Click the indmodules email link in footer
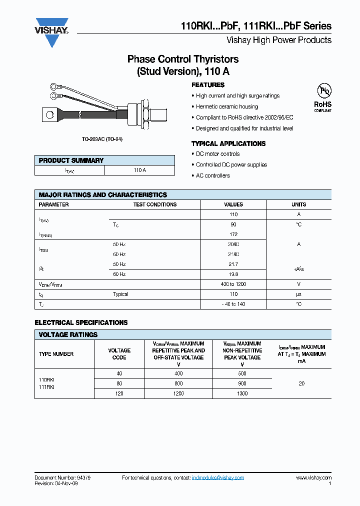[218, 478]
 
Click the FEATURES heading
[208, 85]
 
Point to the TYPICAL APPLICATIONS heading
[228, 143]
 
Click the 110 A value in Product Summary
[139, 170]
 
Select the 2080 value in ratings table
[233, 244]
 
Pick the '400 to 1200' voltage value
[233, 284]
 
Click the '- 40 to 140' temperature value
[233, 304]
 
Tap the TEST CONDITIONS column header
[154, 204]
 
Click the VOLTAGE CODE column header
[119, 354]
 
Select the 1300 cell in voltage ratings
[242, 393]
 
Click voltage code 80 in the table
[119, 383]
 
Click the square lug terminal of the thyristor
[50, 115]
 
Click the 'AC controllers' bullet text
[213, 175]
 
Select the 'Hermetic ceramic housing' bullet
[227, 106]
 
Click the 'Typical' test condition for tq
[120, 294]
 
